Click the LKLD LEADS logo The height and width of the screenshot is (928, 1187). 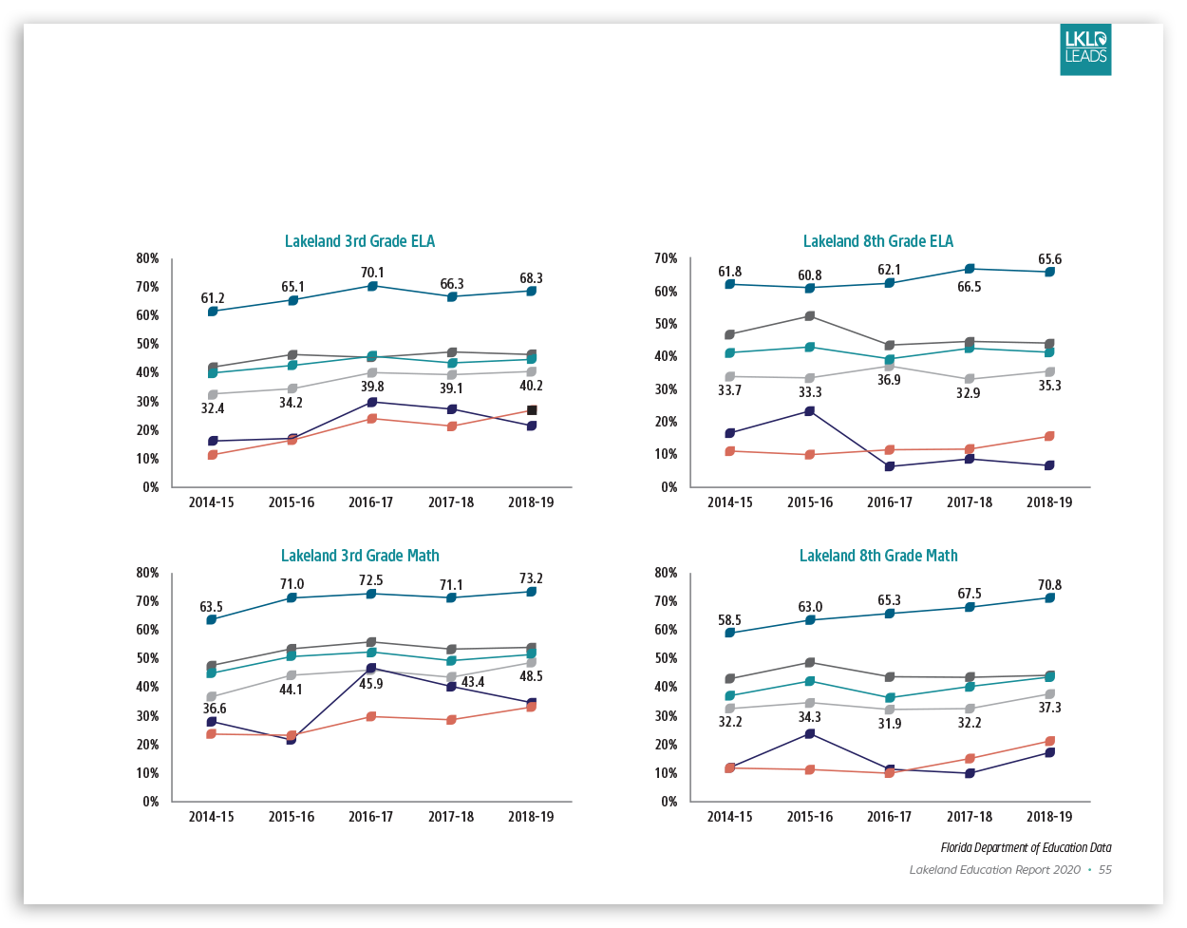coord(1085,50)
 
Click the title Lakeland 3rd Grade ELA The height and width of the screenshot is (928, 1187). coord(360,241)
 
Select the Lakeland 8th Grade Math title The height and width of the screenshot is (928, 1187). coord(878,556)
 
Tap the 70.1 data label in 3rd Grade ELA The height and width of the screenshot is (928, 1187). coord(372,273)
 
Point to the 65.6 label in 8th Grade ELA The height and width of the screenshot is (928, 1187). coord(1049,259)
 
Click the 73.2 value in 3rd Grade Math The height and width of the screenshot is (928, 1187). coord(531,578)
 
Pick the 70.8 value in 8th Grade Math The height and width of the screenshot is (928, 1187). coord(1049,585)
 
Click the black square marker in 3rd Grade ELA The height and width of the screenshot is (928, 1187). coord(532,410)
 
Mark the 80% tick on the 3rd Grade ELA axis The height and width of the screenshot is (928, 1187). coord(147,258)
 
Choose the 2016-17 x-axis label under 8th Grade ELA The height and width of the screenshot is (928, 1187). coord(890,502)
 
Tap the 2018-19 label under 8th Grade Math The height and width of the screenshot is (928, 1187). coord(1049,817)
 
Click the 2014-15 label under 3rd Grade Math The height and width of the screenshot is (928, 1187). coord(211,817)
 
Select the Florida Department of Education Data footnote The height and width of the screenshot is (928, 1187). coord(1026,847)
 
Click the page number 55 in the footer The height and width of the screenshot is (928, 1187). coord(1105,870)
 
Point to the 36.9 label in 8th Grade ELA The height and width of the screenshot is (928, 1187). coord(889,380)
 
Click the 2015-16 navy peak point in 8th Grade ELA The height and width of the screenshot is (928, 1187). coord(810,411)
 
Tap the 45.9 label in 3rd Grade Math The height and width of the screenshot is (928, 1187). coord(371,684)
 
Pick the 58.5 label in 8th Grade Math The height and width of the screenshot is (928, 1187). coord(729,620)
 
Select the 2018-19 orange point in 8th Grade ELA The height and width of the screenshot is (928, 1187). coord(1049,437)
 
